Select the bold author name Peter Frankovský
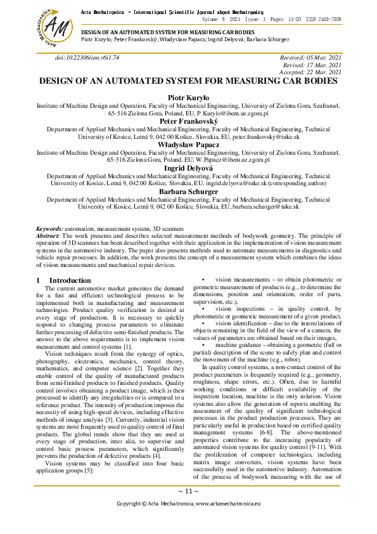188,120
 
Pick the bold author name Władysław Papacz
188,145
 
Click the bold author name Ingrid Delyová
188,168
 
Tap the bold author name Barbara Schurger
188,192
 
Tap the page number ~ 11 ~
188,491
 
